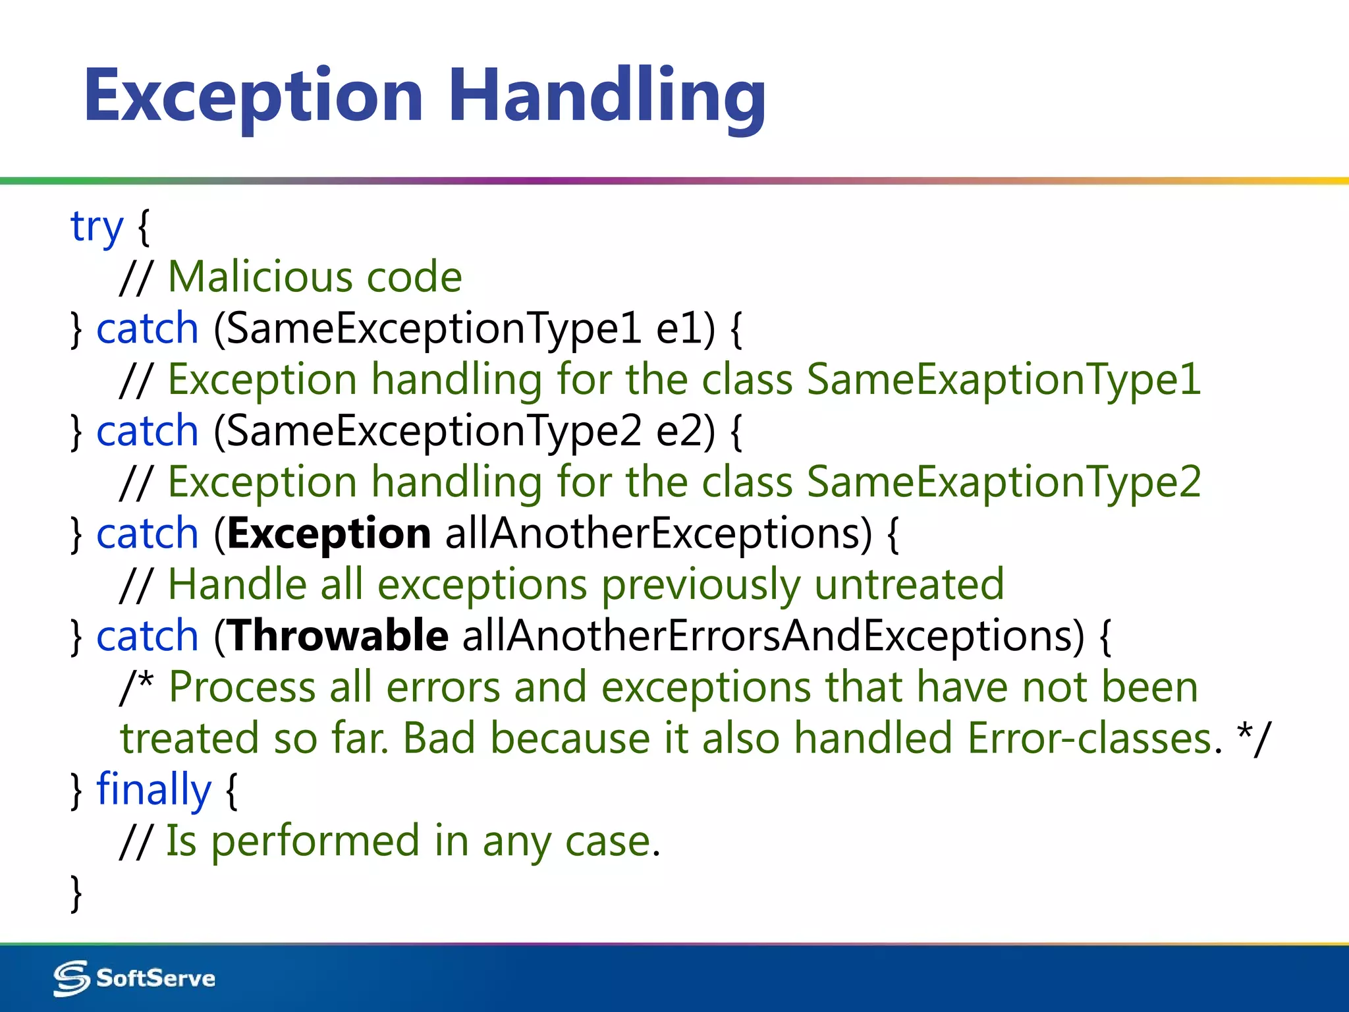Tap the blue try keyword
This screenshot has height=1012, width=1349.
pyautogui.click(x=97, y=227)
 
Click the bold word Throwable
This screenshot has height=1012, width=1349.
pyautogui.click(x=339, y=636)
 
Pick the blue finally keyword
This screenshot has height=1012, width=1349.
pyautogui.click(x=153, y=790)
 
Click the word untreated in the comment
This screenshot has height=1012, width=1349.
pyautogui.click(x=908, y=585)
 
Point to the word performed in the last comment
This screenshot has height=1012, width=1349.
pyautogui.click(x=315, y=841)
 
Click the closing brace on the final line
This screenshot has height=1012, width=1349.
pyautogui.click(x=76, y=893)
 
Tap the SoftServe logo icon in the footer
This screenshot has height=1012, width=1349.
pyautogui.click(x=71, y=978)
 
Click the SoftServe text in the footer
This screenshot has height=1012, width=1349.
pyautogui.click(x=155, y=978)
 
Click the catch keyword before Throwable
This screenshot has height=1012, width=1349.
pyautogui.click(x=147, y=636)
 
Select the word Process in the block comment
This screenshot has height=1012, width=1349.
pyautogui.click(x=242, y=688)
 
